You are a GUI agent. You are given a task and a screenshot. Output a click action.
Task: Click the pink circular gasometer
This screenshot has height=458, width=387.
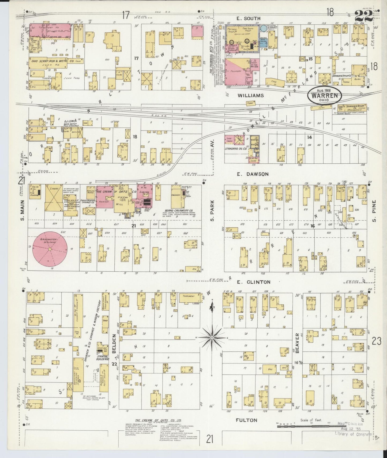point(50,249)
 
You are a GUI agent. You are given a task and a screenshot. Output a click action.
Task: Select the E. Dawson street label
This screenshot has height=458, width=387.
point(252,174)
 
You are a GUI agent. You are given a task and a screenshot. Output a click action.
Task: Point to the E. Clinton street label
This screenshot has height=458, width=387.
point(253,282)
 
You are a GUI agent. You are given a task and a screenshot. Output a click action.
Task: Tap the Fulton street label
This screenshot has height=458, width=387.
point(246,420)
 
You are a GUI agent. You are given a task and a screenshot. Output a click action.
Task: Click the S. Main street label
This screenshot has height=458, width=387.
point(22,210)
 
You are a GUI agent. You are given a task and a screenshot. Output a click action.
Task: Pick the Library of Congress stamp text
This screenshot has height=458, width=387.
point(353,434)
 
